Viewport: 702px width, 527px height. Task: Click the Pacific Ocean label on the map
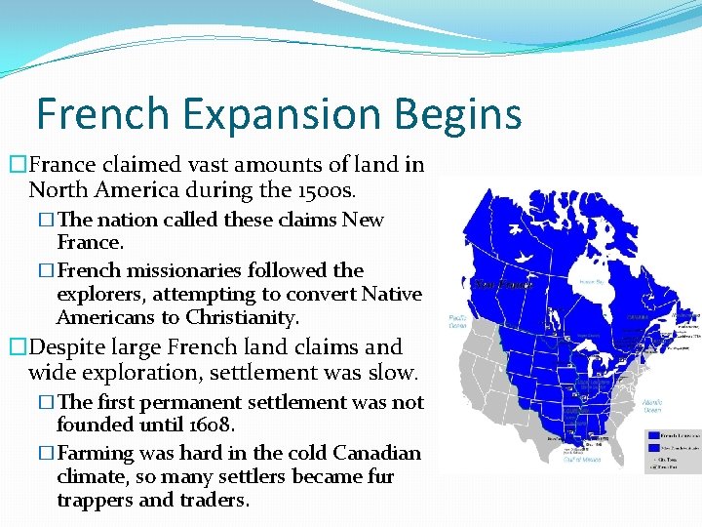458,321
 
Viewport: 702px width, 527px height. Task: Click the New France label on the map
500,285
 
